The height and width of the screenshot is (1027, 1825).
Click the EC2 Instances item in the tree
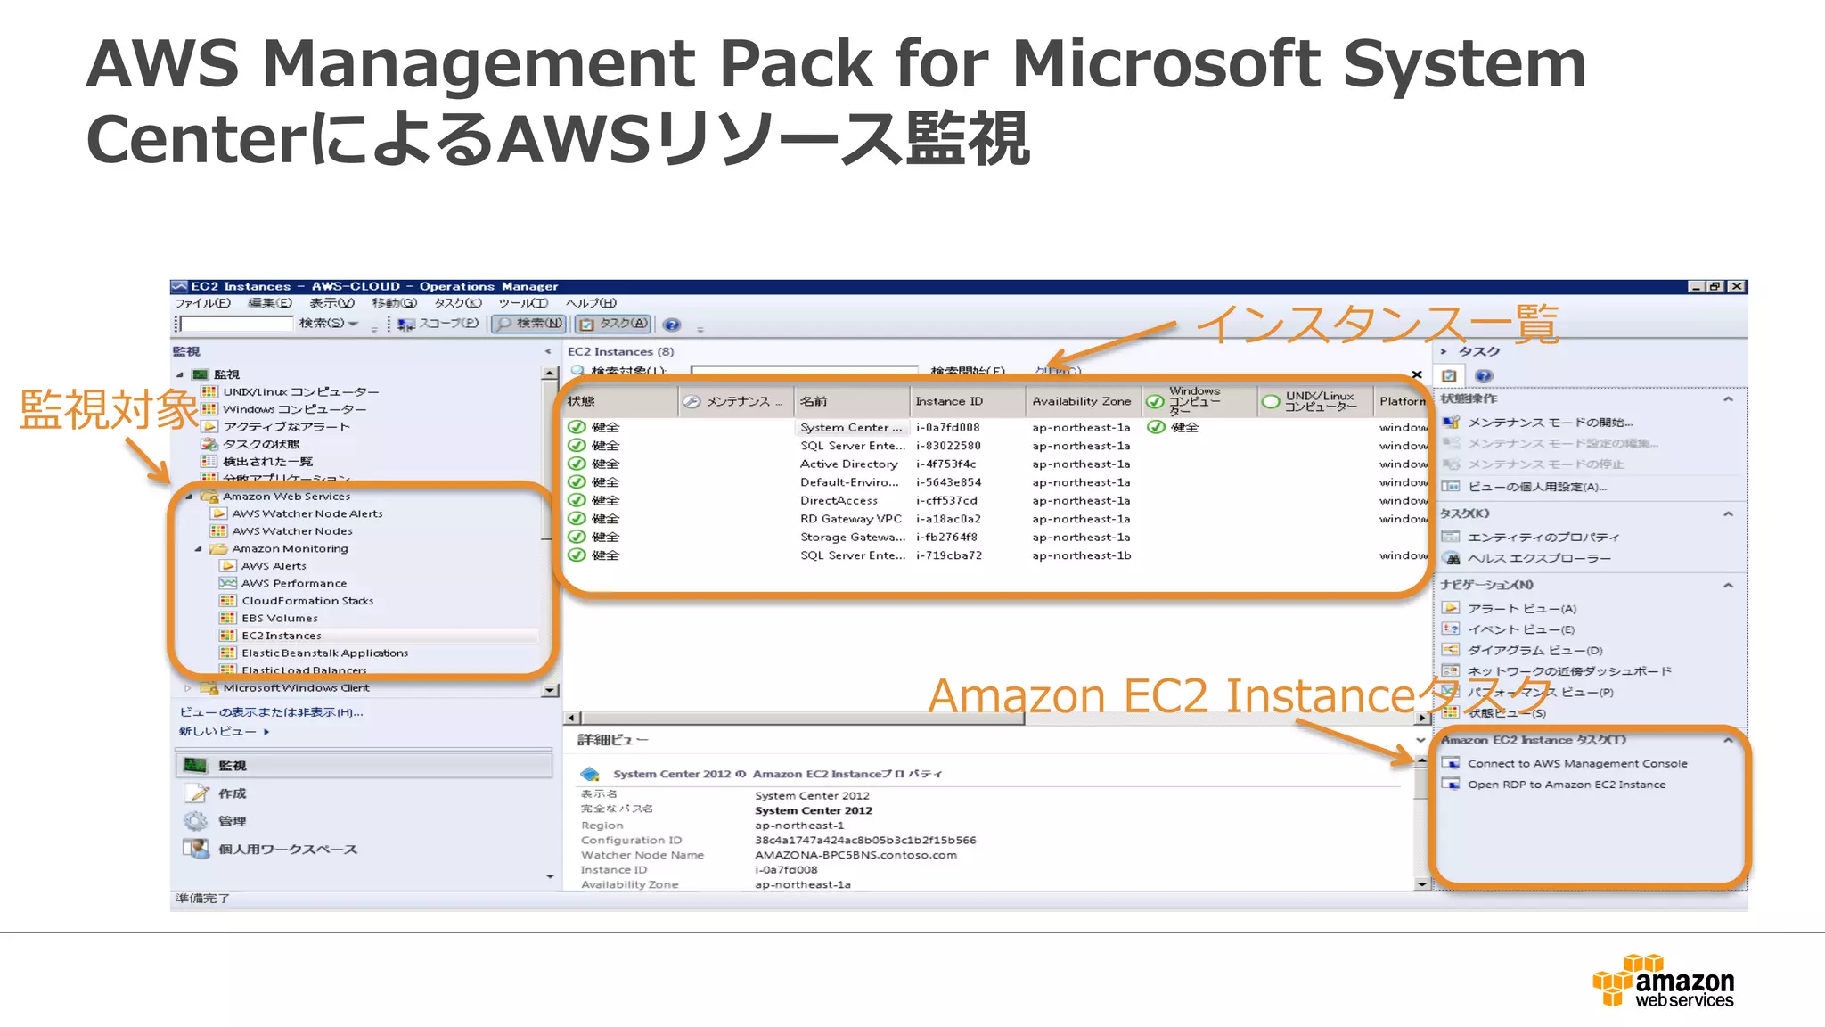[281, 636]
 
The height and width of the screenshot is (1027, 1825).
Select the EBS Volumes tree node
[279, 618]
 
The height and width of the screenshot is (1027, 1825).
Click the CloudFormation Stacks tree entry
[307, 601]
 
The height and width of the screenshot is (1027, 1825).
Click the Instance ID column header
[948, 401]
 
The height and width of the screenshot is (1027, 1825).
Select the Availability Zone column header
[1081, 401]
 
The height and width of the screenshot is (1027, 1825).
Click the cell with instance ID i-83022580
[948, 446]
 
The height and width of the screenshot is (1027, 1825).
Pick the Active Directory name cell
[848, 464]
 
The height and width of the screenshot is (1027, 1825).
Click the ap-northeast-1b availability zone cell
[1081, 555]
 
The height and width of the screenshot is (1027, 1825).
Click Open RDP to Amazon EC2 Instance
[1566, 785]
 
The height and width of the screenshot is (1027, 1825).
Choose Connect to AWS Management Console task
[1576, 763]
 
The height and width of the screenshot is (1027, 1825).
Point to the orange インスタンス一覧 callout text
[1377, 325]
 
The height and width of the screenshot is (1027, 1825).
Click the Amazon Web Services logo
[1663, 982]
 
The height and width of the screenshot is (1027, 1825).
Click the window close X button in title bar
[1737, 286]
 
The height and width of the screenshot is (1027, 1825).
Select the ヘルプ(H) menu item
[591, 303]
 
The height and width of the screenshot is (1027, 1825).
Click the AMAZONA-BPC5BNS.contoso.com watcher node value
[855, 855]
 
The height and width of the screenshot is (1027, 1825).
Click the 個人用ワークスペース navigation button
[287, 850]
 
